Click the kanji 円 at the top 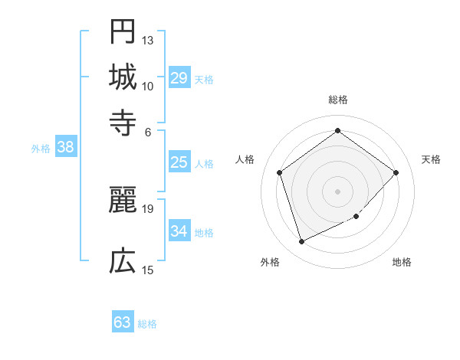tap(123, 32)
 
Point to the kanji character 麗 tap(123, 200)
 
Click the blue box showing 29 tap(179, 78)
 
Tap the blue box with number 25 tap(179, 162)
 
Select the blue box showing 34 tap(179, 231)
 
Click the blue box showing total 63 tap(123, 322)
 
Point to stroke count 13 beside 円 tap(148, 40)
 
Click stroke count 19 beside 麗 tap(148, 208)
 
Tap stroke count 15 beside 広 tap(148, 270)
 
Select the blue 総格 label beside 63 tap(148, 324)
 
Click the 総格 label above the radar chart tap(338, 100)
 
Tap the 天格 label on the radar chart tap(431, 159)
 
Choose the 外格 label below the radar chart tap(270, 262)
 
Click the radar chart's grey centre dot tap(338, 191)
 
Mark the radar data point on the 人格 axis tap(280, 172)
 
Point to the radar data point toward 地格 tap(356, 217)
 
